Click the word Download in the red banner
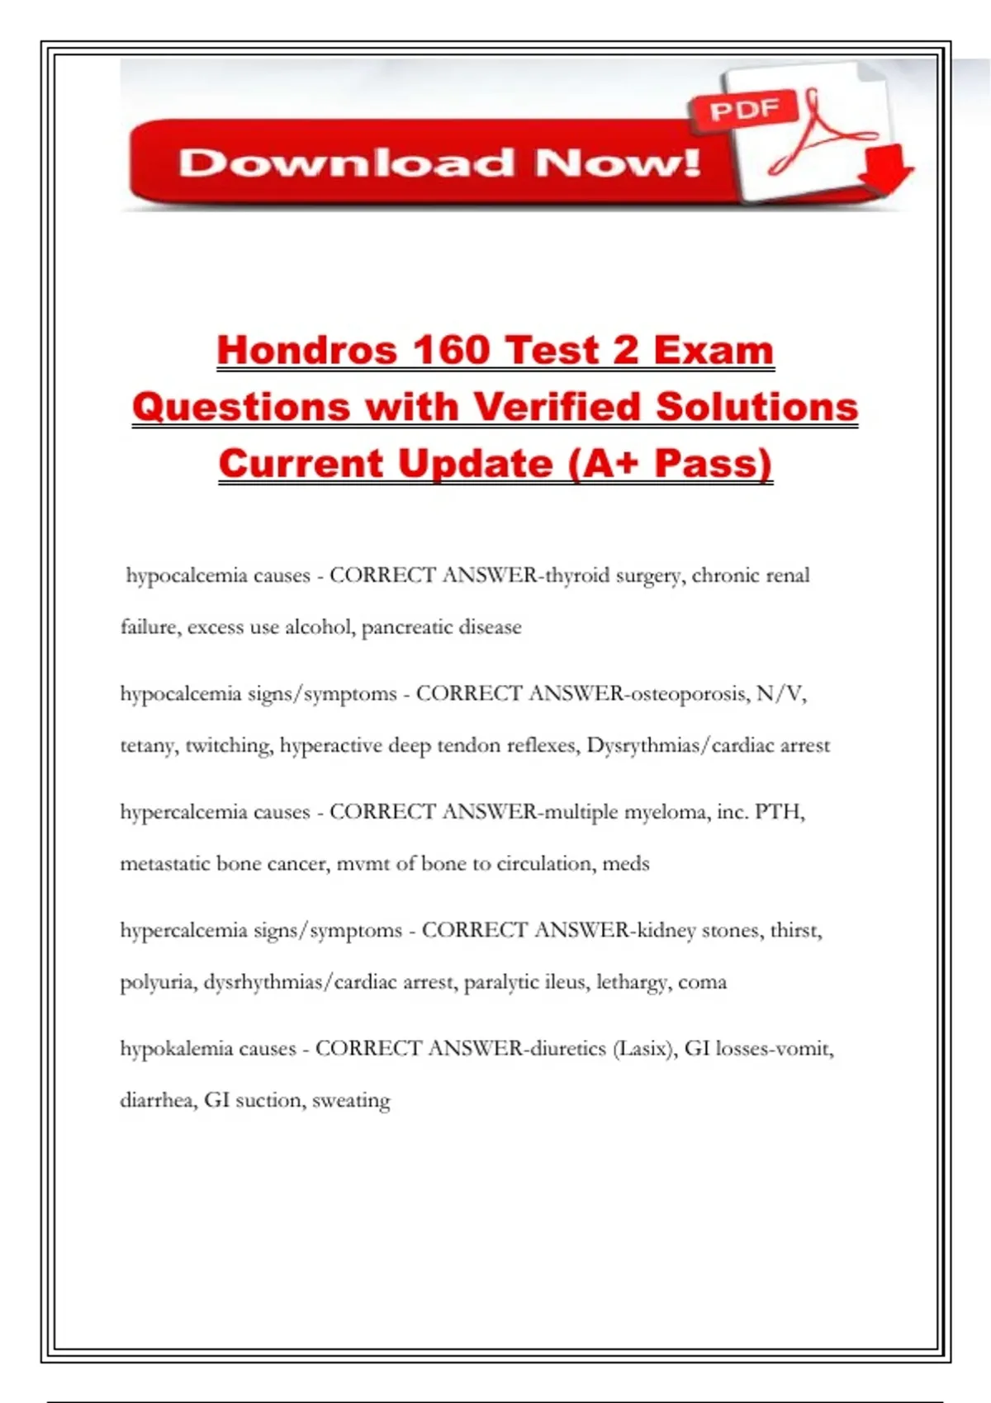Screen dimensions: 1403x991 click(346, 163)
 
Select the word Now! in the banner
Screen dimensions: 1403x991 click(618, 163)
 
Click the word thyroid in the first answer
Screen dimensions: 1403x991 click(576, 575)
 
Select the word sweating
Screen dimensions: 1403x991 click(351, 1100)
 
